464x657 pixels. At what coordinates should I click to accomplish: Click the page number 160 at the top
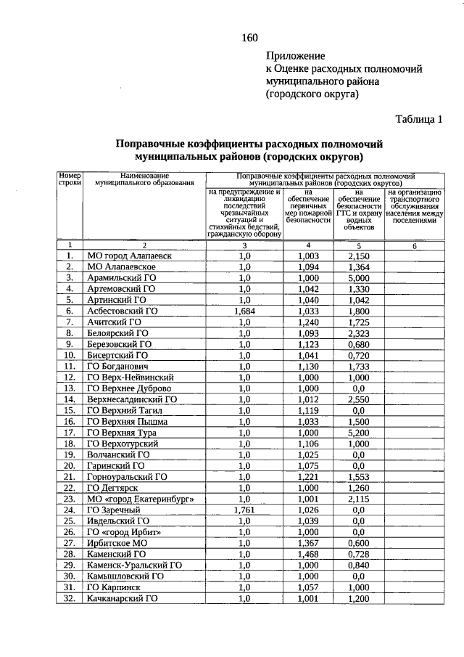point(249,38)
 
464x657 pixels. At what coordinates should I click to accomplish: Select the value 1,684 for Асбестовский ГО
point(244,311)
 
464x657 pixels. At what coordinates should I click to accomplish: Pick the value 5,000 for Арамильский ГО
point(357,277)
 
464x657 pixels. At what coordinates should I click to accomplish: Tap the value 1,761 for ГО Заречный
point(244,510)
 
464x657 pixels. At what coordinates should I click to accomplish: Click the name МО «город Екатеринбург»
point(140,499)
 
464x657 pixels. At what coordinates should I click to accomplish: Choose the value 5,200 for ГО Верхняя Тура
point(357,433)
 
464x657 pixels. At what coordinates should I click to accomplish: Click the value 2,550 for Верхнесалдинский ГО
point(357,399)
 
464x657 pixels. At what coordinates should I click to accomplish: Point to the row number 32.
point(70,599)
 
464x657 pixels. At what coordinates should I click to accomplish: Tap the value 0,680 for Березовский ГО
point(357,344)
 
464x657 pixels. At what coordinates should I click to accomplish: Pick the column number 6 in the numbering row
point(414,246)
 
